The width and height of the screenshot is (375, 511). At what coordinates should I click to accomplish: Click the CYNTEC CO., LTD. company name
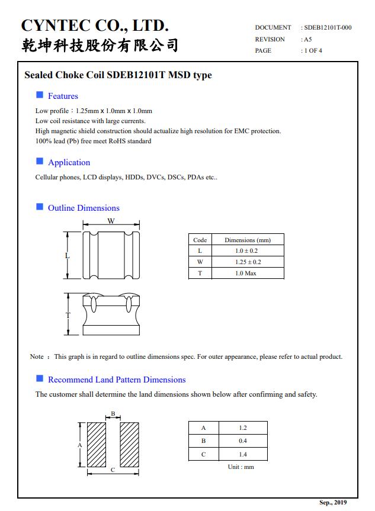[x=95, y=25]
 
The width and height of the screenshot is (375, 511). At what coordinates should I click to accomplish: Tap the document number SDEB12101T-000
[x=328, y=28]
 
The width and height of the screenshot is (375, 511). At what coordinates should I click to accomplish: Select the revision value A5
[x=307, y=39]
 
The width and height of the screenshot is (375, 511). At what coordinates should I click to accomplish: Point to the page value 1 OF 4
[x=313, y=51]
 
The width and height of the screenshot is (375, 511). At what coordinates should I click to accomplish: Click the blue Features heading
[x=63, y=96]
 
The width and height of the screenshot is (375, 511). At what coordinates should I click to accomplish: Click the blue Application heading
[x=69, y=162]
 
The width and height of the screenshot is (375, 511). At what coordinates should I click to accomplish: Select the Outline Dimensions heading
[x=84, y=208]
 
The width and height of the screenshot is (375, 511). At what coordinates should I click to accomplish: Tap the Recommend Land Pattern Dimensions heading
[x=117, y=380]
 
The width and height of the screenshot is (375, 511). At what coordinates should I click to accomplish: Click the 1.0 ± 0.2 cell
[x=247, y=251]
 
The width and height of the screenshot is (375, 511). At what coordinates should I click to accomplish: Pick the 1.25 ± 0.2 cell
[x=247, y=262]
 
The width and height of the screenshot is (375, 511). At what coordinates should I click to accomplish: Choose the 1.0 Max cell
[x=246, y=273]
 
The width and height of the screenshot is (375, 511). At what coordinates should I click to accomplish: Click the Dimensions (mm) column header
[x=247, y=240]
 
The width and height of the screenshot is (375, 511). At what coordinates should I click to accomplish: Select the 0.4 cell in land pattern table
[x=243, y=441]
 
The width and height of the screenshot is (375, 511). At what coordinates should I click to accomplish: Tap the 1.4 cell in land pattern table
[x=243, y=454]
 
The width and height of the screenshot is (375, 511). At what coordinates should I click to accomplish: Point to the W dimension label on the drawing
[x=111, y=221]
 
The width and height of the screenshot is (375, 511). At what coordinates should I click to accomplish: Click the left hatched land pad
[x=96, y=445]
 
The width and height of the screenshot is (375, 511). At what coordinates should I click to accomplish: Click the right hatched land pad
[x=129, y=445]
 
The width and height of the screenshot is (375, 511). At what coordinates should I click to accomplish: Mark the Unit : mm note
[x=241, y=467]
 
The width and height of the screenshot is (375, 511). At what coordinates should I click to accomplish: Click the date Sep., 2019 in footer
[x=333, y=503]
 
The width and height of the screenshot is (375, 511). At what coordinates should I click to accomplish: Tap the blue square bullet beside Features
[x=40, y=95]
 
